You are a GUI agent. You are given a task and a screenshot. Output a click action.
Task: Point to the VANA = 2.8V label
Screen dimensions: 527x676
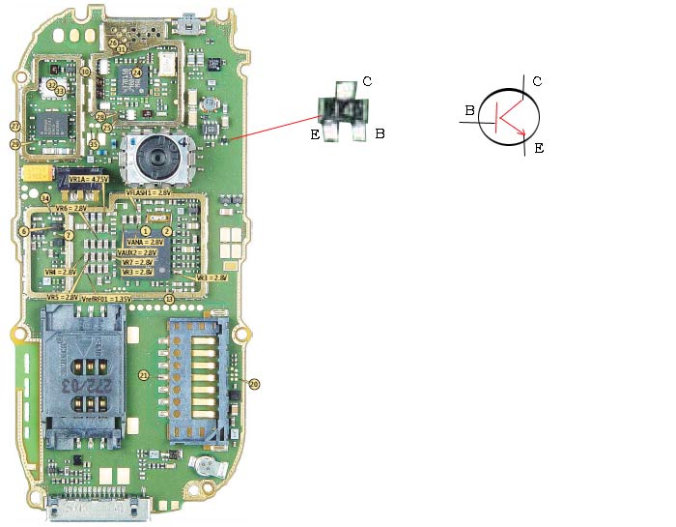[x=137, y=242]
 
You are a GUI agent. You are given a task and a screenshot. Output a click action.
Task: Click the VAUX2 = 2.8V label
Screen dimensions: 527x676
[x=136, y=251]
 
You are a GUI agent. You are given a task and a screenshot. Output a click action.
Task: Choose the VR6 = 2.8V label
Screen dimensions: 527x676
[x=71, y=209]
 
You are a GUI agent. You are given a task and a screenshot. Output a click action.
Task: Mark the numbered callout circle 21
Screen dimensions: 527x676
[x=143, y=375]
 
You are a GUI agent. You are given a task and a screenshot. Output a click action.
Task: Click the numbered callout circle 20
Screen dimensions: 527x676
[x=255, y=384]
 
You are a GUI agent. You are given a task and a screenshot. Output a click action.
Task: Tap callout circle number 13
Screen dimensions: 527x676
[x=170, y=299]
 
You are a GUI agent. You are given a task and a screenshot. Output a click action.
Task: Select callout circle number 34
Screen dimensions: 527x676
[x=45, y=198]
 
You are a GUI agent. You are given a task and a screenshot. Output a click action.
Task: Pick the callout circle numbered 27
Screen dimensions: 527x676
[x=14, y=127]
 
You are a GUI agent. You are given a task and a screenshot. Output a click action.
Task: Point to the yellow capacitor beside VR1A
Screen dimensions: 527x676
[x=38, y=173]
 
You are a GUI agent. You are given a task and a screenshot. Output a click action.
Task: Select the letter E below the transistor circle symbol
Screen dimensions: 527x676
[x=539, y=148]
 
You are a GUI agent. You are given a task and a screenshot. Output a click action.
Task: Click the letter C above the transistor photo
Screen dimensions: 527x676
[x=366, y=81]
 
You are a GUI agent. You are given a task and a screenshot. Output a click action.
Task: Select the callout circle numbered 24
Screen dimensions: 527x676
[x=136, y=73]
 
